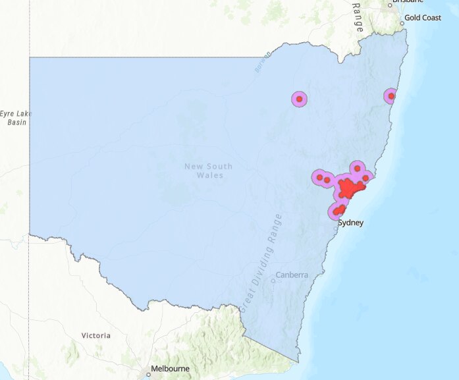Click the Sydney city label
pyautogui.click(x=350, y=223)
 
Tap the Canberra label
pyautogui.click(x=292, y=275)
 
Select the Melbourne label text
pyautogui.click(x=170, y=369)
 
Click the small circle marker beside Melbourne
pyautogui.click(x=149, y=374)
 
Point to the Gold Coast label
pyautogui.click(x=423, y=18)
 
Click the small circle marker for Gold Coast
pyautogui.click(x=402, y=24)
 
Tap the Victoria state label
pyautogui.click(x=95, y=335)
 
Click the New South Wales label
pyautogui.click(x=209, y=171)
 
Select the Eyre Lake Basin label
pyautogui.click(x=16, y=118)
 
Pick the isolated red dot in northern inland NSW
pyautogui.click(x=299, y=99)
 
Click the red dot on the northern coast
pyautogui.click(x=391, y=96)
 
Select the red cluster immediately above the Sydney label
pyautogui.click(x=338, y=211)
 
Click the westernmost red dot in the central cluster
pyautogui.click(x=319, y=176)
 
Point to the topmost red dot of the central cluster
pyautogui.click(x=358, y=168)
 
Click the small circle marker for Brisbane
pyautogui.click(x=390, y=5)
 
